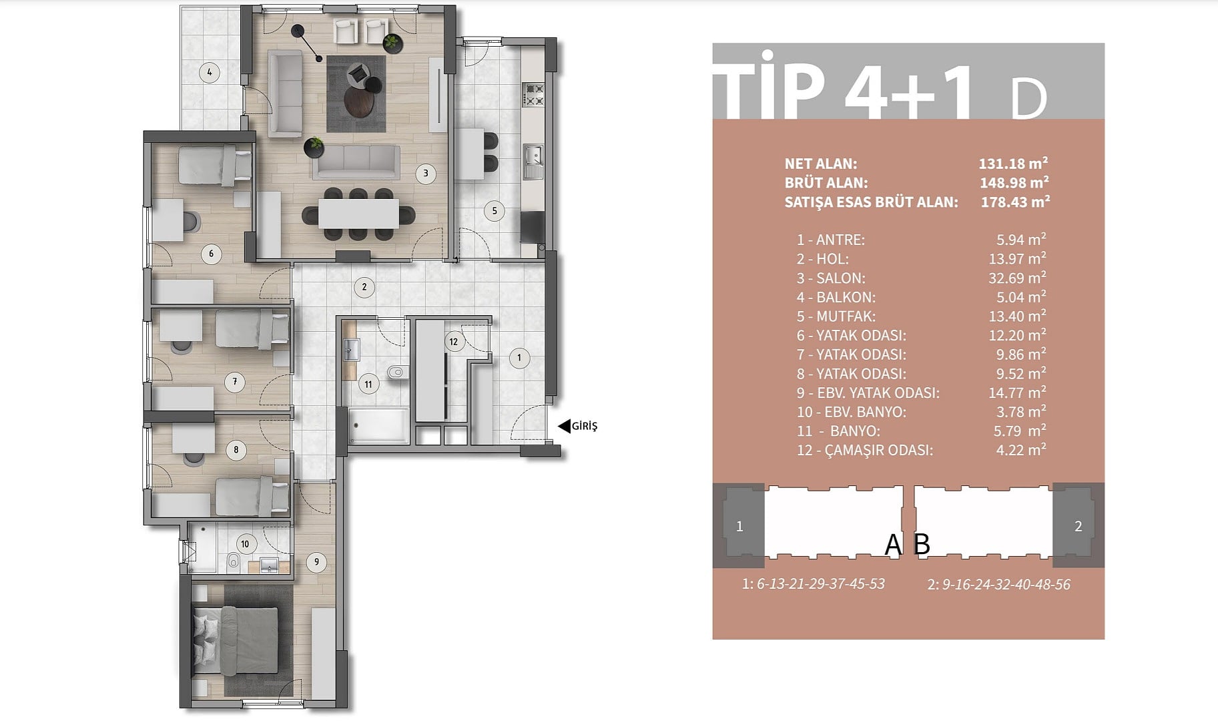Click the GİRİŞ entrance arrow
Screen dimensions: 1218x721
click(x=564, y=426)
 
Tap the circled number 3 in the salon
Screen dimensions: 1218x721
click(x=426, y=174)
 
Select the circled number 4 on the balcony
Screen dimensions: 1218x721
click(x=210, y=72)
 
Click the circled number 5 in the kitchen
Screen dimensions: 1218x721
click(x=495, y=211)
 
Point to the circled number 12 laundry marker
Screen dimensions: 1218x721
click(x=454, y=342)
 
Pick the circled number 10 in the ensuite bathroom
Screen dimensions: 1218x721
click(x=245, y=544)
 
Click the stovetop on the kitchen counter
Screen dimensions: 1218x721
click(x=533, y=95)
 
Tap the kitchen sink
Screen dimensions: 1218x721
click(x=533, y=156)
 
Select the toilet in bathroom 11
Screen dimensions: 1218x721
click(x=396, y=373)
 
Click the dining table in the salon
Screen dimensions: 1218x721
click(x=358, y=214)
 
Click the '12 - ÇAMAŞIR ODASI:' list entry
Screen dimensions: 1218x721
click(x=865, y=451)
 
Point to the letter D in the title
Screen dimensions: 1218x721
click(x=1028, y=100)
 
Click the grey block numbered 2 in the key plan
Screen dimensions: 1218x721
click(x=1078, y=526)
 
